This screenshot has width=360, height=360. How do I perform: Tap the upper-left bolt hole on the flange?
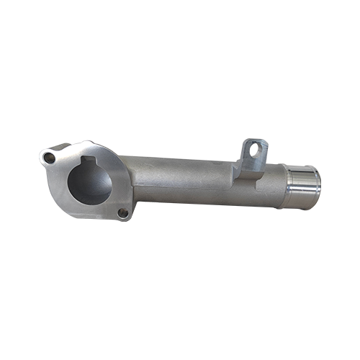[x=49, y=156]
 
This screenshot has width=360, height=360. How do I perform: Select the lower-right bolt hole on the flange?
[x=123, y=213]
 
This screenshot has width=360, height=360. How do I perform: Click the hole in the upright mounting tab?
[x=253, y=151]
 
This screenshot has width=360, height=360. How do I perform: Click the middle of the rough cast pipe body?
[x=187, y=176]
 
